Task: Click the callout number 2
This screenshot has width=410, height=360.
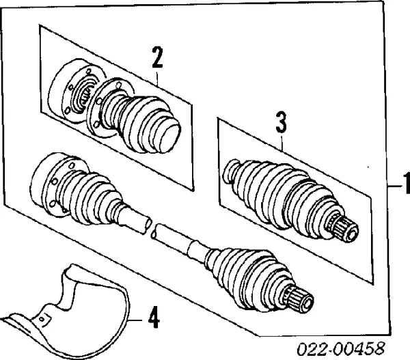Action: (x=157, y=57)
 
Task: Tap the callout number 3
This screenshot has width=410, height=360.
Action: (x=282, y=122)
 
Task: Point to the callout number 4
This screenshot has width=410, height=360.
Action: (x=154, y=318)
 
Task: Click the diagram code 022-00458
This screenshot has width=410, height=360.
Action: (x=341, y=349)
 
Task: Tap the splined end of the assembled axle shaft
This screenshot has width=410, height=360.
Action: (x=301, y=299)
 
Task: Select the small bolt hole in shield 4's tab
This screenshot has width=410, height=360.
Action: (x=41, y=319)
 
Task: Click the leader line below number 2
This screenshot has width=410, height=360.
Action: (x=157, y=78)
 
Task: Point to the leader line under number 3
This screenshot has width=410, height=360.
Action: (x=282, y=143)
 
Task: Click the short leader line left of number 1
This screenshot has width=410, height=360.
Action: (x=394, y=186)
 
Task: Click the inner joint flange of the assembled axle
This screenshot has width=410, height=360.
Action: (x=50, y=183)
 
